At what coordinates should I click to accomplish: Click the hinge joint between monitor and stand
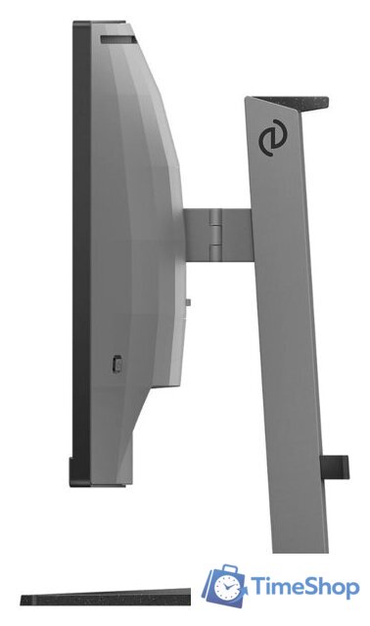pyautogui.click(x=215, y=235)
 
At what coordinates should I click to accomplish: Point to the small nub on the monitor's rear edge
pyautogui.click(x=188, y=302)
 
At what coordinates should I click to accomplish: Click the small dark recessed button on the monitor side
pyautogui.click(x=117, y=363)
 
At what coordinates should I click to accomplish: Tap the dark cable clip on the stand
pyautogui.click(x=335, y=467)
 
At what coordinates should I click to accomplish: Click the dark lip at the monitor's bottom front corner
pyautogui.click(x=74, y=472)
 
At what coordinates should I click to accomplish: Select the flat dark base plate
pyautogui.click(x=106, y=598)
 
